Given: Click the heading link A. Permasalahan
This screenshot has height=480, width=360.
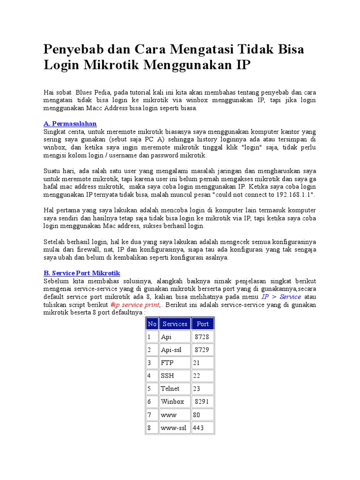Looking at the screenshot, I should (x=70, y=124).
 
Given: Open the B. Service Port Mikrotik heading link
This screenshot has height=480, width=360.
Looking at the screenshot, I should (x=82, y=273).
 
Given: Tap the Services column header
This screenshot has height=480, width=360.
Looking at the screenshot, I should (x=175, y=323).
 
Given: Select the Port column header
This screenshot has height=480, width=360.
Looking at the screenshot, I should (x=202, y=323).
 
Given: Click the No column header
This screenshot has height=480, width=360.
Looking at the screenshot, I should (x=152, y=323).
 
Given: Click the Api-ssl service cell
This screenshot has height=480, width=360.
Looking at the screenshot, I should (x=175, y=350).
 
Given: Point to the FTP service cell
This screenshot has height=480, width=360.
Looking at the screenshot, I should (x=175, y=363).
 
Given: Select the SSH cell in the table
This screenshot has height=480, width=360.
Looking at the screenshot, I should (x=175, y=376).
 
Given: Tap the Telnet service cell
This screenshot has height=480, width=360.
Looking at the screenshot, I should (x=175, y=389).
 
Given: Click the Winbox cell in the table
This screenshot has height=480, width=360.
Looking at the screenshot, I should (x=175, y=402).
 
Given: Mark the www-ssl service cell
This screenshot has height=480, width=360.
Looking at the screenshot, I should (x=175, y=428).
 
